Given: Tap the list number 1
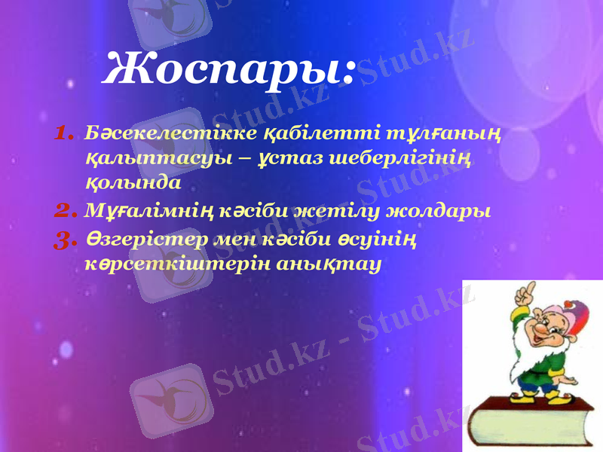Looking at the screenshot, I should (64, 134).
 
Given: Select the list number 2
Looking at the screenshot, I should (64, 209).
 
